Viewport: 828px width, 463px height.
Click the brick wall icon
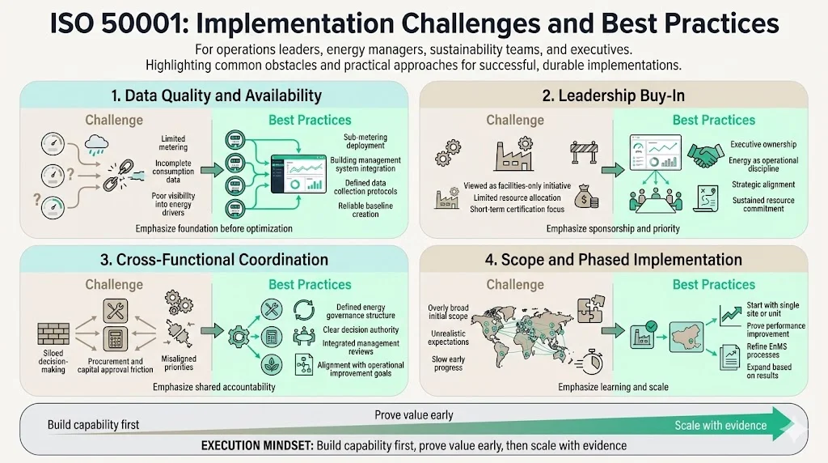point(55,334)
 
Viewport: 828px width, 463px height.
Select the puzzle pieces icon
point(587,309)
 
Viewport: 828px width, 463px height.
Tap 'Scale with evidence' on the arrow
point(720,426)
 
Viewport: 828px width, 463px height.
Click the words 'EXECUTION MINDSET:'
point(257,446)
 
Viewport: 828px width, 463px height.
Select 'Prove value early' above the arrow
point(413,415)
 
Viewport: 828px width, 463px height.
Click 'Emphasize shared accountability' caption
point(214,387)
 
